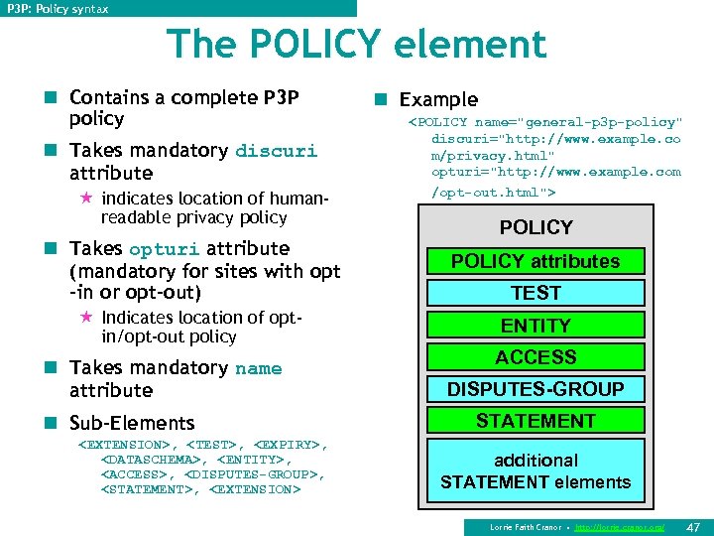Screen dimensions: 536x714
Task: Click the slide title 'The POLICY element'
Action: coord(357,45)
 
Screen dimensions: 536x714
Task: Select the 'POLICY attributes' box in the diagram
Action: coord(535,261)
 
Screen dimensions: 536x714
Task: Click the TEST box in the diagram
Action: coord(535,293)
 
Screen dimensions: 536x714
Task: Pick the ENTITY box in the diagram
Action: coord(535,325)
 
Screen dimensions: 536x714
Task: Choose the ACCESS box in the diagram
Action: coord(535,356)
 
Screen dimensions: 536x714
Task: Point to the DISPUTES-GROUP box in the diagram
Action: coord(535,389)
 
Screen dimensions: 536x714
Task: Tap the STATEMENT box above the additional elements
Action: coord(535,421)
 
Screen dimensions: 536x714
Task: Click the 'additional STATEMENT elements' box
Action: coord(535,471)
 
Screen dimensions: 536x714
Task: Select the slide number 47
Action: coord(693,527)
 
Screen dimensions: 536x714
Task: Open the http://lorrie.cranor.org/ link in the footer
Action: coord(620,527)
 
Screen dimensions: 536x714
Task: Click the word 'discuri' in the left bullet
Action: coord(276,152)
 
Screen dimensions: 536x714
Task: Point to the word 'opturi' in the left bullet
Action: coord(163,250)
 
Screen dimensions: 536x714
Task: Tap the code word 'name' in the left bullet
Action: coord(259,369)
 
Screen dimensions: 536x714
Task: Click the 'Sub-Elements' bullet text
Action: coord(132,424)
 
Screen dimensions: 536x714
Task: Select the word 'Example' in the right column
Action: coord(438,99)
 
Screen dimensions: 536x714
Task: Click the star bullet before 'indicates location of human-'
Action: coord(86,199)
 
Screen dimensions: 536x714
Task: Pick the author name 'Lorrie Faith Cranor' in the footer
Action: coord(525,527)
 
